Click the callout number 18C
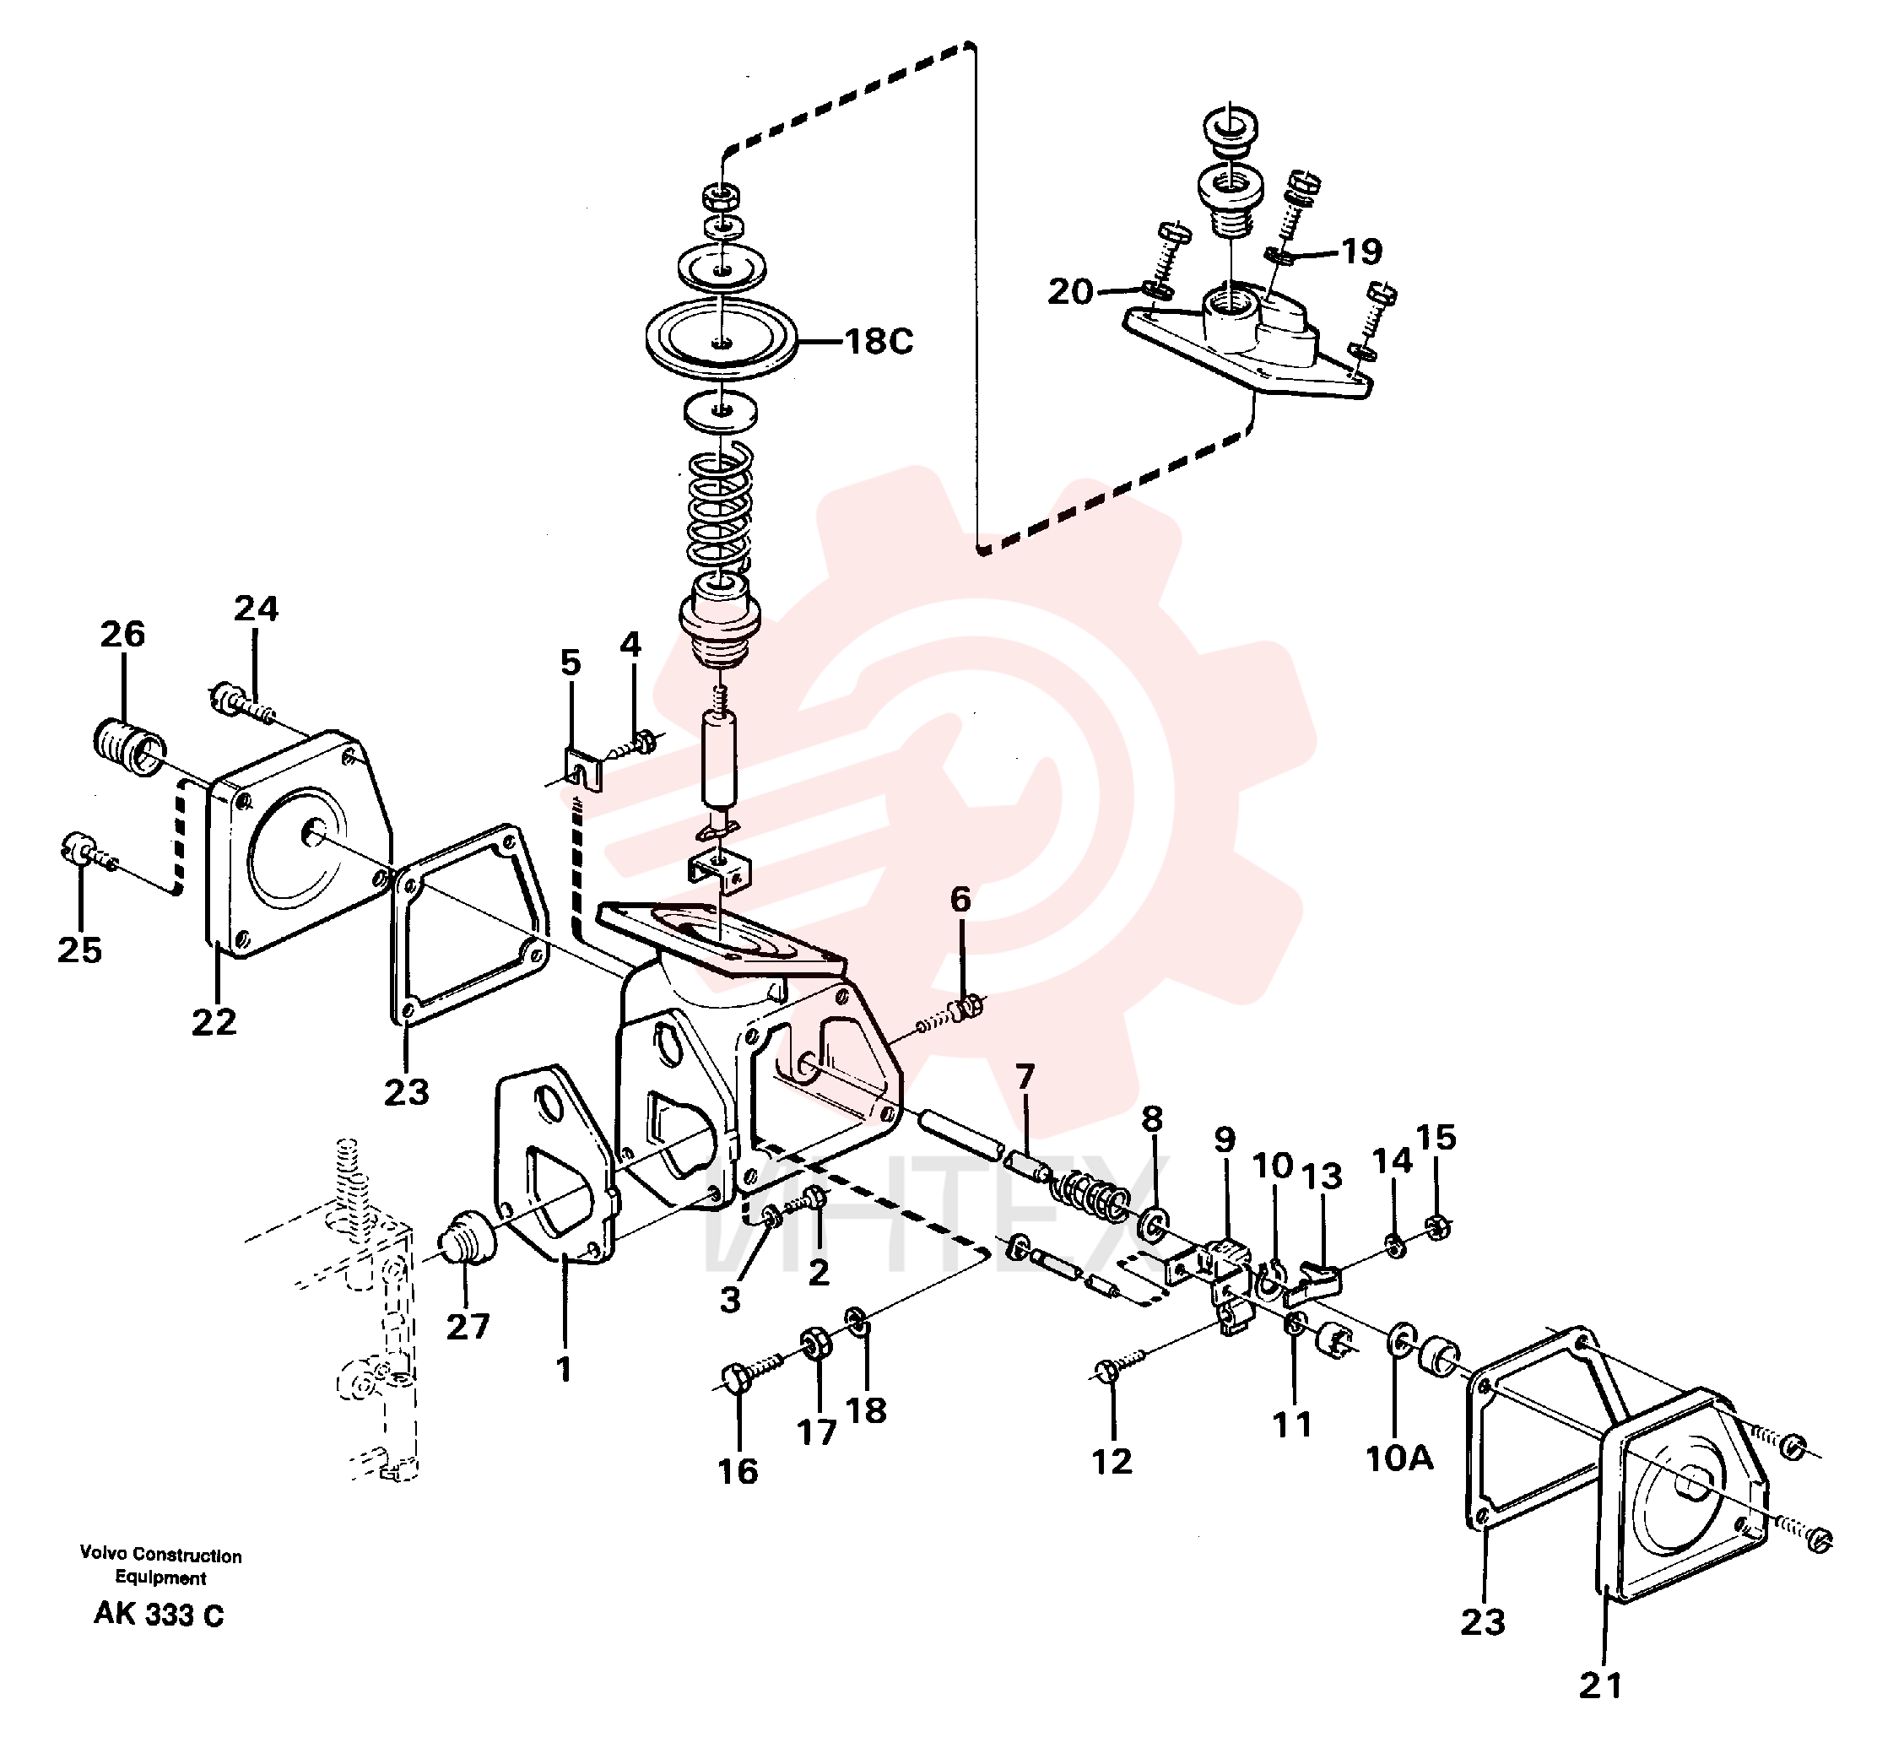click(x=878, y=341)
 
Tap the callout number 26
click(x=123, y=635)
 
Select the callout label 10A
click(x=1398, y=1458)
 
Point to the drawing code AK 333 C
click(x=159, y=1615)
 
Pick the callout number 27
click(x=468, y=1326)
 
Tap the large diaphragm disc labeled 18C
click(x=721, y=339)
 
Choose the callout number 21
click(x=1599, y=1686)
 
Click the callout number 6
click(x=960, y=900)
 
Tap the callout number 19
click(x=1361, y=251)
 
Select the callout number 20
click(x=1070, y=291)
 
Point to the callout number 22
click(x=214, y=1022)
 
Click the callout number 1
click(x=564, y=1370)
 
